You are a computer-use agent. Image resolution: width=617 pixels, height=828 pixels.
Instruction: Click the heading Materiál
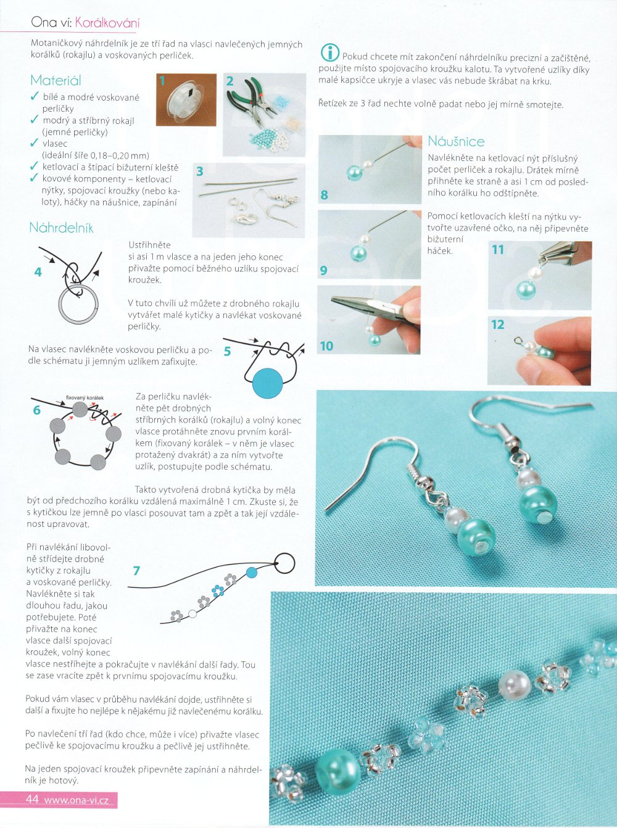(x=56, y=81)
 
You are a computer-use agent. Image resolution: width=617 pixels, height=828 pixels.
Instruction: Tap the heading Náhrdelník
(x=61, y=228)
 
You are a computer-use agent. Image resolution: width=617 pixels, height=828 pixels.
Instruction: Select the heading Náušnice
(x=456, y=141)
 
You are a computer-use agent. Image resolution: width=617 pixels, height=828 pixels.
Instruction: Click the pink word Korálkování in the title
(x=107, y=23)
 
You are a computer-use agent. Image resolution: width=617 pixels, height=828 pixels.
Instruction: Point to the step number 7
(x=136, y=571)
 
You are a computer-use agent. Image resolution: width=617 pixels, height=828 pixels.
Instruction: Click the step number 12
(x=498, y=325)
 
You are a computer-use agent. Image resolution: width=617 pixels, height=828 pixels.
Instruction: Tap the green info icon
(x=330, y=52)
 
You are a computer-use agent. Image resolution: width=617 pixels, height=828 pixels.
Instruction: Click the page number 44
(x=32, y=799)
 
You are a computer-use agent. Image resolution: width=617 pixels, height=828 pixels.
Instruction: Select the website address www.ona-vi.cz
(x=76, y=800)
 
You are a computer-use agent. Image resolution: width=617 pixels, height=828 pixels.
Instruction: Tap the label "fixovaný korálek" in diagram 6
(x=85, y=398)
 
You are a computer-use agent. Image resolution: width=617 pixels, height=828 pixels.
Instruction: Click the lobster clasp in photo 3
(x=244, y=218)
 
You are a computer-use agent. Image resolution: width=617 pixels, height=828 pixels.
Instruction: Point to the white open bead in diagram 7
(x=193, y=613)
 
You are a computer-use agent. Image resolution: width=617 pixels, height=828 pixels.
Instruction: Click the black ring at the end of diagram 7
(x=284, y=563)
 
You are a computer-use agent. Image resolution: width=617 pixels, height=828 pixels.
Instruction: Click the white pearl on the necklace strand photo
(x=515, y=684)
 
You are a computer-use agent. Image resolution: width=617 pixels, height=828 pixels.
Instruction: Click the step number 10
(x=326, y=346)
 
